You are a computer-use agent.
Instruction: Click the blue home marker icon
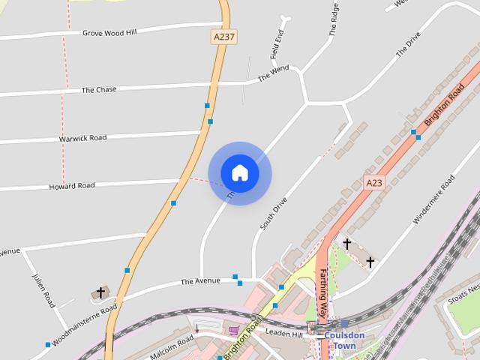(239, 173)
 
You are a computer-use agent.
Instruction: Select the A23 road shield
(374, 182)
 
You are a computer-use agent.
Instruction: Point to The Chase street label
(99, 90)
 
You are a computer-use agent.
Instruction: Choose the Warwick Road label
(82, 139)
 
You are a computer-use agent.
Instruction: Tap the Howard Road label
(72, 185)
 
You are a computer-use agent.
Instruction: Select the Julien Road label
(43, 289)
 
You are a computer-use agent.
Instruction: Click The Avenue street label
(200, 282)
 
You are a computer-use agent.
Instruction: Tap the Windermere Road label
(435, 199)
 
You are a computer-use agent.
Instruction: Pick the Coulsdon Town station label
(344, 340)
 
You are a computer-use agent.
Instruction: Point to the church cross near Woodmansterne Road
(100, 292)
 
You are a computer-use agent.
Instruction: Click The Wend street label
(273, 73)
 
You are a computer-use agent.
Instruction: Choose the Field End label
(278, 44)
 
